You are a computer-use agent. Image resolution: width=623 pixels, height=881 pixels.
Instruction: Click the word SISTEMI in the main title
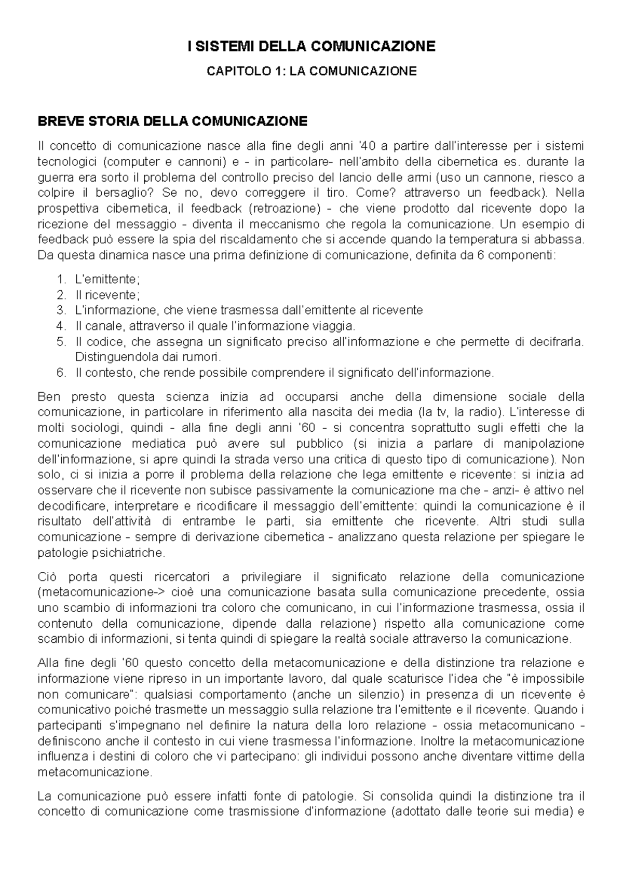[219, 47]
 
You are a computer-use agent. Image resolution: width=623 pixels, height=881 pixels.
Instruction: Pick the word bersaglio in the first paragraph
[124, 193]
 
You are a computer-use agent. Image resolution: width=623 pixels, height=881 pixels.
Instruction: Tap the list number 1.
[61, 279]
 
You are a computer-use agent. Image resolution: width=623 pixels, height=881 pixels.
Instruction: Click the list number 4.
[61, 326]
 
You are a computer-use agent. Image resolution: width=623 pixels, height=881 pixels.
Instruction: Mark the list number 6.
[61, 373]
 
